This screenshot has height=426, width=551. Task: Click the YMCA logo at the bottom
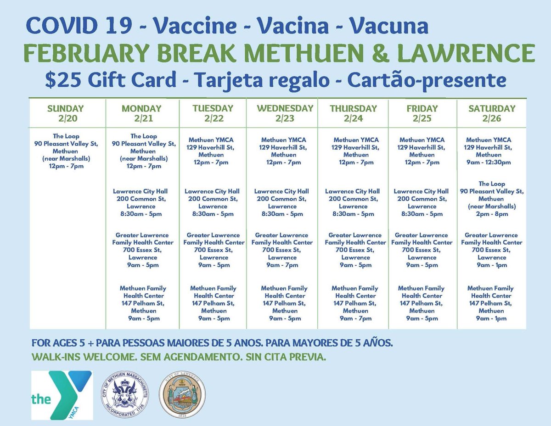pyautogui.click(x=62, y=395)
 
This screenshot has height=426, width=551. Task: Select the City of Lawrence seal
pyautogui.click(x=182, y=395)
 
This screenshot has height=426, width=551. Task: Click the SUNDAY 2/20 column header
pyautogui.click(x=66, y=113)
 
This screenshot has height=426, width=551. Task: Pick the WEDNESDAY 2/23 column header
pyautogui.click(x=285, y=113)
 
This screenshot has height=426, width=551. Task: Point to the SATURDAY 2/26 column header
pyautogui.click(x=491, y=113)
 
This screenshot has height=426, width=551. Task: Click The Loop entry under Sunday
pyautogui.click(x=66, y=151)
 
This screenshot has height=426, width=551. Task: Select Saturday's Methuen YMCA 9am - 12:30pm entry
pyautogui.click(x=491, y=151)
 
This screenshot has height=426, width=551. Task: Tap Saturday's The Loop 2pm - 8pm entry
pyautogui.click(x=491, y=199)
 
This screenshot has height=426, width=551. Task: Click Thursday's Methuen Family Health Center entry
pyautogui.click(x=355, y=303)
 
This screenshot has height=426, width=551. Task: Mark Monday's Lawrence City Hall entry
pyautogui.click(x=141, y=202)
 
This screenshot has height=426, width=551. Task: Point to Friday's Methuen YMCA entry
pyautogui.click(x=422, y=151)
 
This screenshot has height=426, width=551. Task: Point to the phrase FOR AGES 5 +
pyautogui.click(x=60, y=343)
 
